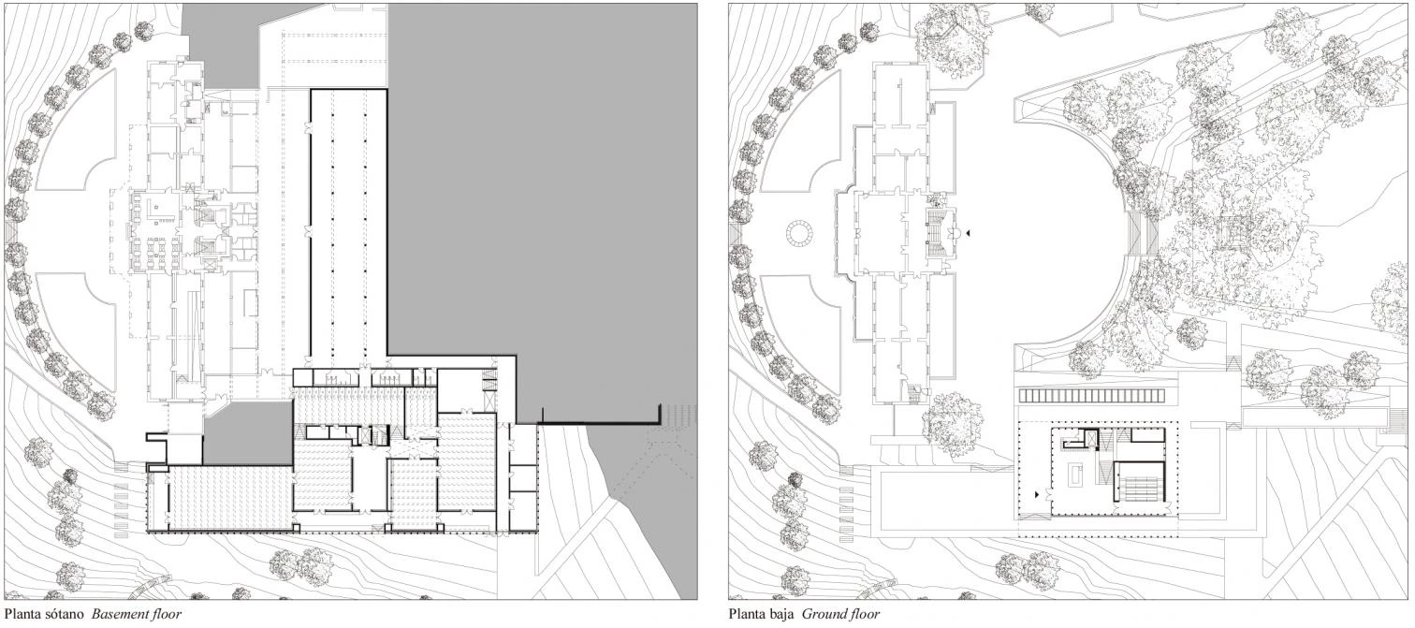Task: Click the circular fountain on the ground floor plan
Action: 802,234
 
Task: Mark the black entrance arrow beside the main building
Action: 968,233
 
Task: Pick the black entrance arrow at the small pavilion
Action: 1038,495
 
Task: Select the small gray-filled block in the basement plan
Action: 247,433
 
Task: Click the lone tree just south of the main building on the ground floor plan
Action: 953,425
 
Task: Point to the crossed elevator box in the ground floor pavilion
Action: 1087,439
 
